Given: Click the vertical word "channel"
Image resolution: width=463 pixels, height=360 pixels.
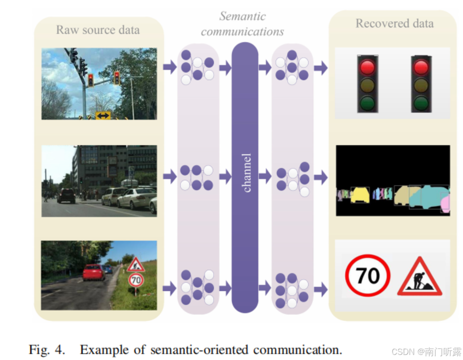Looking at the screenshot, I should pyautogui.click(x=247, y=172).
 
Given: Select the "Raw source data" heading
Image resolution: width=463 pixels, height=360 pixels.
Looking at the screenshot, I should pyautogui.click(x=98, y=30).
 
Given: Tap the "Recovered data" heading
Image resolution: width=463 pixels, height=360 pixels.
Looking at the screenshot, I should pyautogui.click(x=394, y=24).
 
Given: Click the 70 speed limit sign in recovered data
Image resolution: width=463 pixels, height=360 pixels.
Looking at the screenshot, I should pyautogui.click(x=368, y=276).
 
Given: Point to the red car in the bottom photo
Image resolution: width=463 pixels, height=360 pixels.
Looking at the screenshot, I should pyautogui.click(x=94, y=272).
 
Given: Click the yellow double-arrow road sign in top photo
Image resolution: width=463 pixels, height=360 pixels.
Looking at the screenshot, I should pyautogui.click(x=103, y=115).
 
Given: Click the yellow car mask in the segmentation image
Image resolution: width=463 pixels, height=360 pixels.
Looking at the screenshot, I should pyautogui.click(x=360, y=195).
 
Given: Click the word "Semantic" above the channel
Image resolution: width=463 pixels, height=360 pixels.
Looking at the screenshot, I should pyautogui.click(x=242, y=16).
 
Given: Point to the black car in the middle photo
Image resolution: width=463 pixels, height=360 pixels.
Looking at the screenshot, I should pyautogui.click(x=66, y=196).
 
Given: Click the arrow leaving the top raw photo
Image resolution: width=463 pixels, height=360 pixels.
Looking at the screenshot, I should pyautogui.click(x=170, y=67).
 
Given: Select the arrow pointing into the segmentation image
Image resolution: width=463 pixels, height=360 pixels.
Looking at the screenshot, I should pyautogui.click(x=321, y=177).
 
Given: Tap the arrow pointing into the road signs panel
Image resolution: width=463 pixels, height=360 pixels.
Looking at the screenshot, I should pyautogui.click(x=321, y=289).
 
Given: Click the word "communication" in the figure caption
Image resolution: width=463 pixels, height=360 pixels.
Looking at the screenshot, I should pyautogui.click(x=298, y=349).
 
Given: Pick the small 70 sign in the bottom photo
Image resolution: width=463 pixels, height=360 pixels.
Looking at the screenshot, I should pyautogui.click(x=135, y=280).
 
